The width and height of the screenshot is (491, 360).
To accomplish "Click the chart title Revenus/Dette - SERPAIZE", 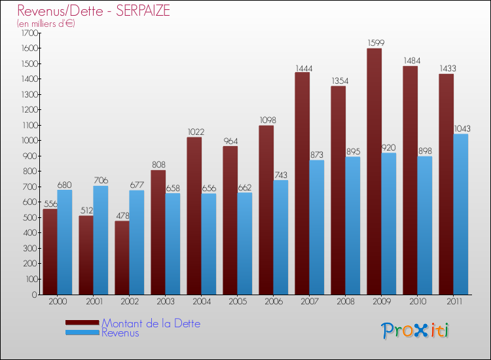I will click(x=94, y=11).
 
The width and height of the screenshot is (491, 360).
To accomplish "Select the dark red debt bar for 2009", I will click(x=374, y=171).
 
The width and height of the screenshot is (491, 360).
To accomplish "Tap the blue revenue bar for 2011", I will click(x=461, y=214).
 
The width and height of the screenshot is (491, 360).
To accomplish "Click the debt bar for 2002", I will click(x=122, y=257).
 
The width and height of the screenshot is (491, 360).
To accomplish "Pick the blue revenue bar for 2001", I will click(x=101, y=240).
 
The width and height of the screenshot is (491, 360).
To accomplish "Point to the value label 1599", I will click(x=374, y=43).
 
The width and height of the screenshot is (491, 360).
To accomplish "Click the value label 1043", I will click(x=461, y=128).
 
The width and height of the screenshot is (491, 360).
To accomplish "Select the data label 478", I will click(x=122, y=216).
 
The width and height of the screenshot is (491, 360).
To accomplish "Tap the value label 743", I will click(x=281, y=175).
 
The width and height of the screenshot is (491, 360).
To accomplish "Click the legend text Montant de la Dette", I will click(x=151, y=323).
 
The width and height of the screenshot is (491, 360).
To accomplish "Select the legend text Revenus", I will click(x=120, y=333).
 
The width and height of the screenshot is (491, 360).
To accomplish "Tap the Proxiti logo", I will click(x=415, y=330).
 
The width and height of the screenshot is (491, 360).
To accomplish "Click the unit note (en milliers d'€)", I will click(x=46, y=24).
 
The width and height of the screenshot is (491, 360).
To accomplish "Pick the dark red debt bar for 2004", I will click(x=194, y=216).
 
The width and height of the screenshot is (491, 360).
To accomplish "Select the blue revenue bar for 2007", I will click(x=317, y=227).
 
